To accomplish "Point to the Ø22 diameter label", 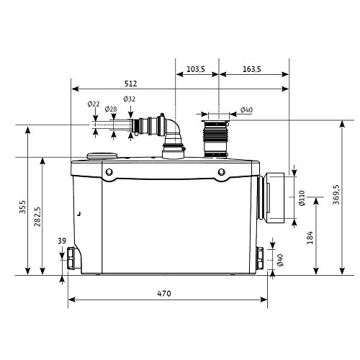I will pos(94,104).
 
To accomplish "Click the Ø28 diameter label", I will pos(111,109).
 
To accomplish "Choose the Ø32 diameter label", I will pos(130,98).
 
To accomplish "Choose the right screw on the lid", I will pos(221,172).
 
